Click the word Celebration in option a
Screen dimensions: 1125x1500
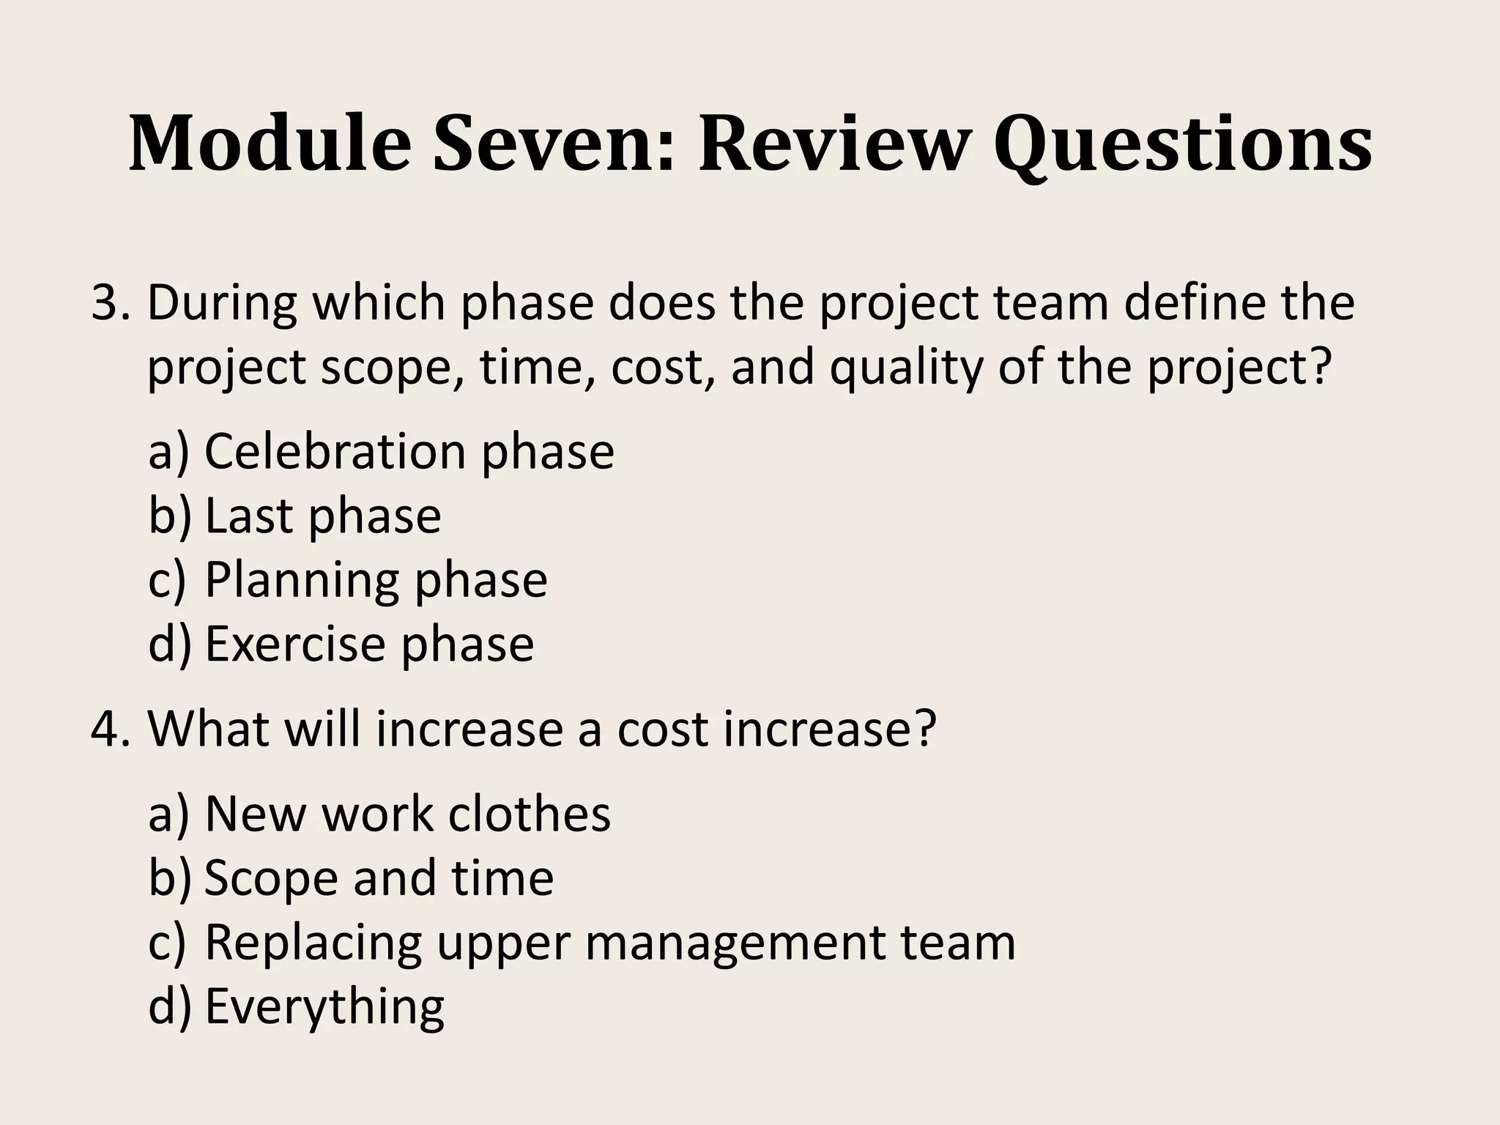click(x=334, y=451)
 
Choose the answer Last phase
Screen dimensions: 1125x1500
click(x=322, y=516)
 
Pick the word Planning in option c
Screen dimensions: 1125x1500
click(x=300, y=580)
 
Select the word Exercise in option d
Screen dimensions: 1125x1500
click(x=293, y=645)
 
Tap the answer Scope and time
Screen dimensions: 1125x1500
click(x=378, y=877)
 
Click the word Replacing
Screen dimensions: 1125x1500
click(x=313, y=943)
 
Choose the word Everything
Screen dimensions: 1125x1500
click(x=324, y=1008)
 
